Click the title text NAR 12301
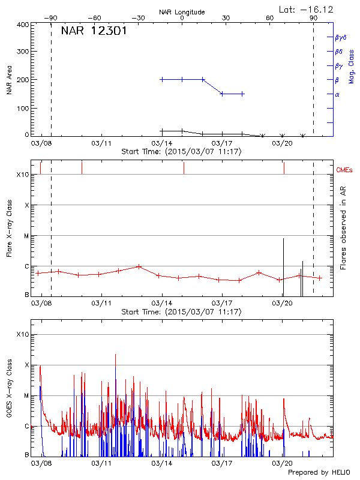(x=94, y=31)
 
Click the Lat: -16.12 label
(x=307, y=10)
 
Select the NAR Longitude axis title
(x=182, y=11)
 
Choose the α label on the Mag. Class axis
(x=337, y=94)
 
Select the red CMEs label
(x=346, y=170)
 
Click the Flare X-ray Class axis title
(x=9, y=228)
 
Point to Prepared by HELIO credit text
(x=318, y=473)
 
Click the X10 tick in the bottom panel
(x=23, y=334)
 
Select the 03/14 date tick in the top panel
(x=161, y=144)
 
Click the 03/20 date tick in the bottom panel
(x=282, y=464)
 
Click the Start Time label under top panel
(x=181, y=152)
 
